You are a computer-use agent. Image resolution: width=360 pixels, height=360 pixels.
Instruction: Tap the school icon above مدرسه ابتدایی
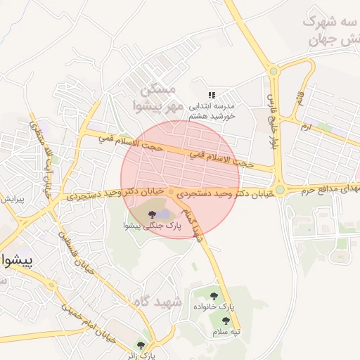[212, 94]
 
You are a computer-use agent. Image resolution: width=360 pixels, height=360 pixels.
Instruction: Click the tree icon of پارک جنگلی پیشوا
[151, 213]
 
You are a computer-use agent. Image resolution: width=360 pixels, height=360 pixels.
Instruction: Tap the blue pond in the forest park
[162, 213]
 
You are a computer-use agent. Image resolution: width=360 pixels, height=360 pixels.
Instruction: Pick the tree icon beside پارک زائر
[141, 345]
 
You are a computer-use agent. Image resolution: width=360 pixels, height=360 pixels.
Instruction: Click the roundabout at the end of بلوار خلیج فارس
[279, 189]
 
